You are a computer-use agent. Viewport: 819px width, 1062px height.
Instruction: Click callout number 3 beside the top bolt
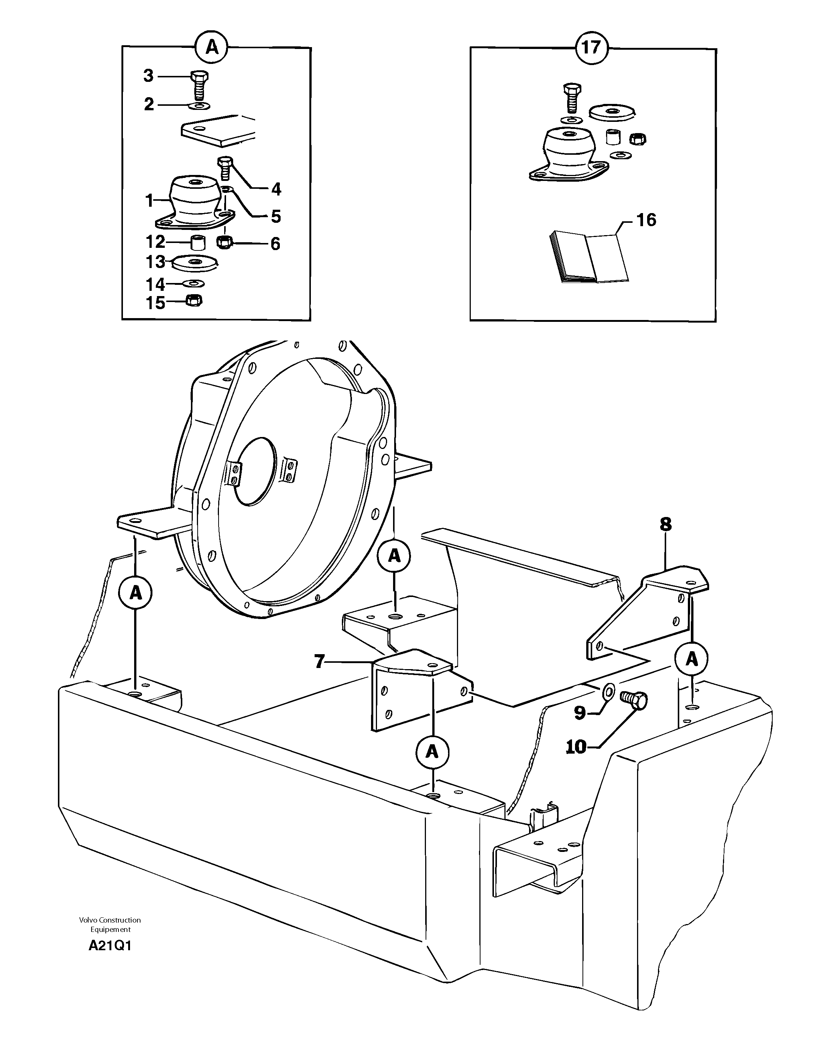coord(148,76)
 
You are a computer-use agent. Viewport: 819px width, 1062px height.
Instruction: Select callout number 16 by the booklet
coord(646,220)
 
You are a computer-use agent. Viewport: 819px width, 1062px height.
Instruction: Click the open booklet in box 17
coord(588,257)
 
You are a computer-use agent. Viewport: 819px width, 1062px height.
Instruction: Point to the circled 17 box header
coord(591,47)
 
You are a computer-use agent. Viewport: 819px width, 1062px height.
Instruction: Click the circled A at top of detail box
coord(211,47)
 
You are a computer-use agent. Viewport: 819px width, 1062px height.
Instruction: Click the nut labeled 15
coord(194,302)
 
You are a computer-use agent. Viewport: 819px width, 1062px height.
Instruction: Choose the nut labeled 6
coord(225,242)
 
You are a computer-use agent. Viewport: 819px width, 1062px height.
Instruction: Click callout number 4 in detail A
coord(276,189)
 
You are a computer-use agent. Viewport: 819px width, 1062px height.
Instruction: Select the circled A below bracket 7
coord(432,752)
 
